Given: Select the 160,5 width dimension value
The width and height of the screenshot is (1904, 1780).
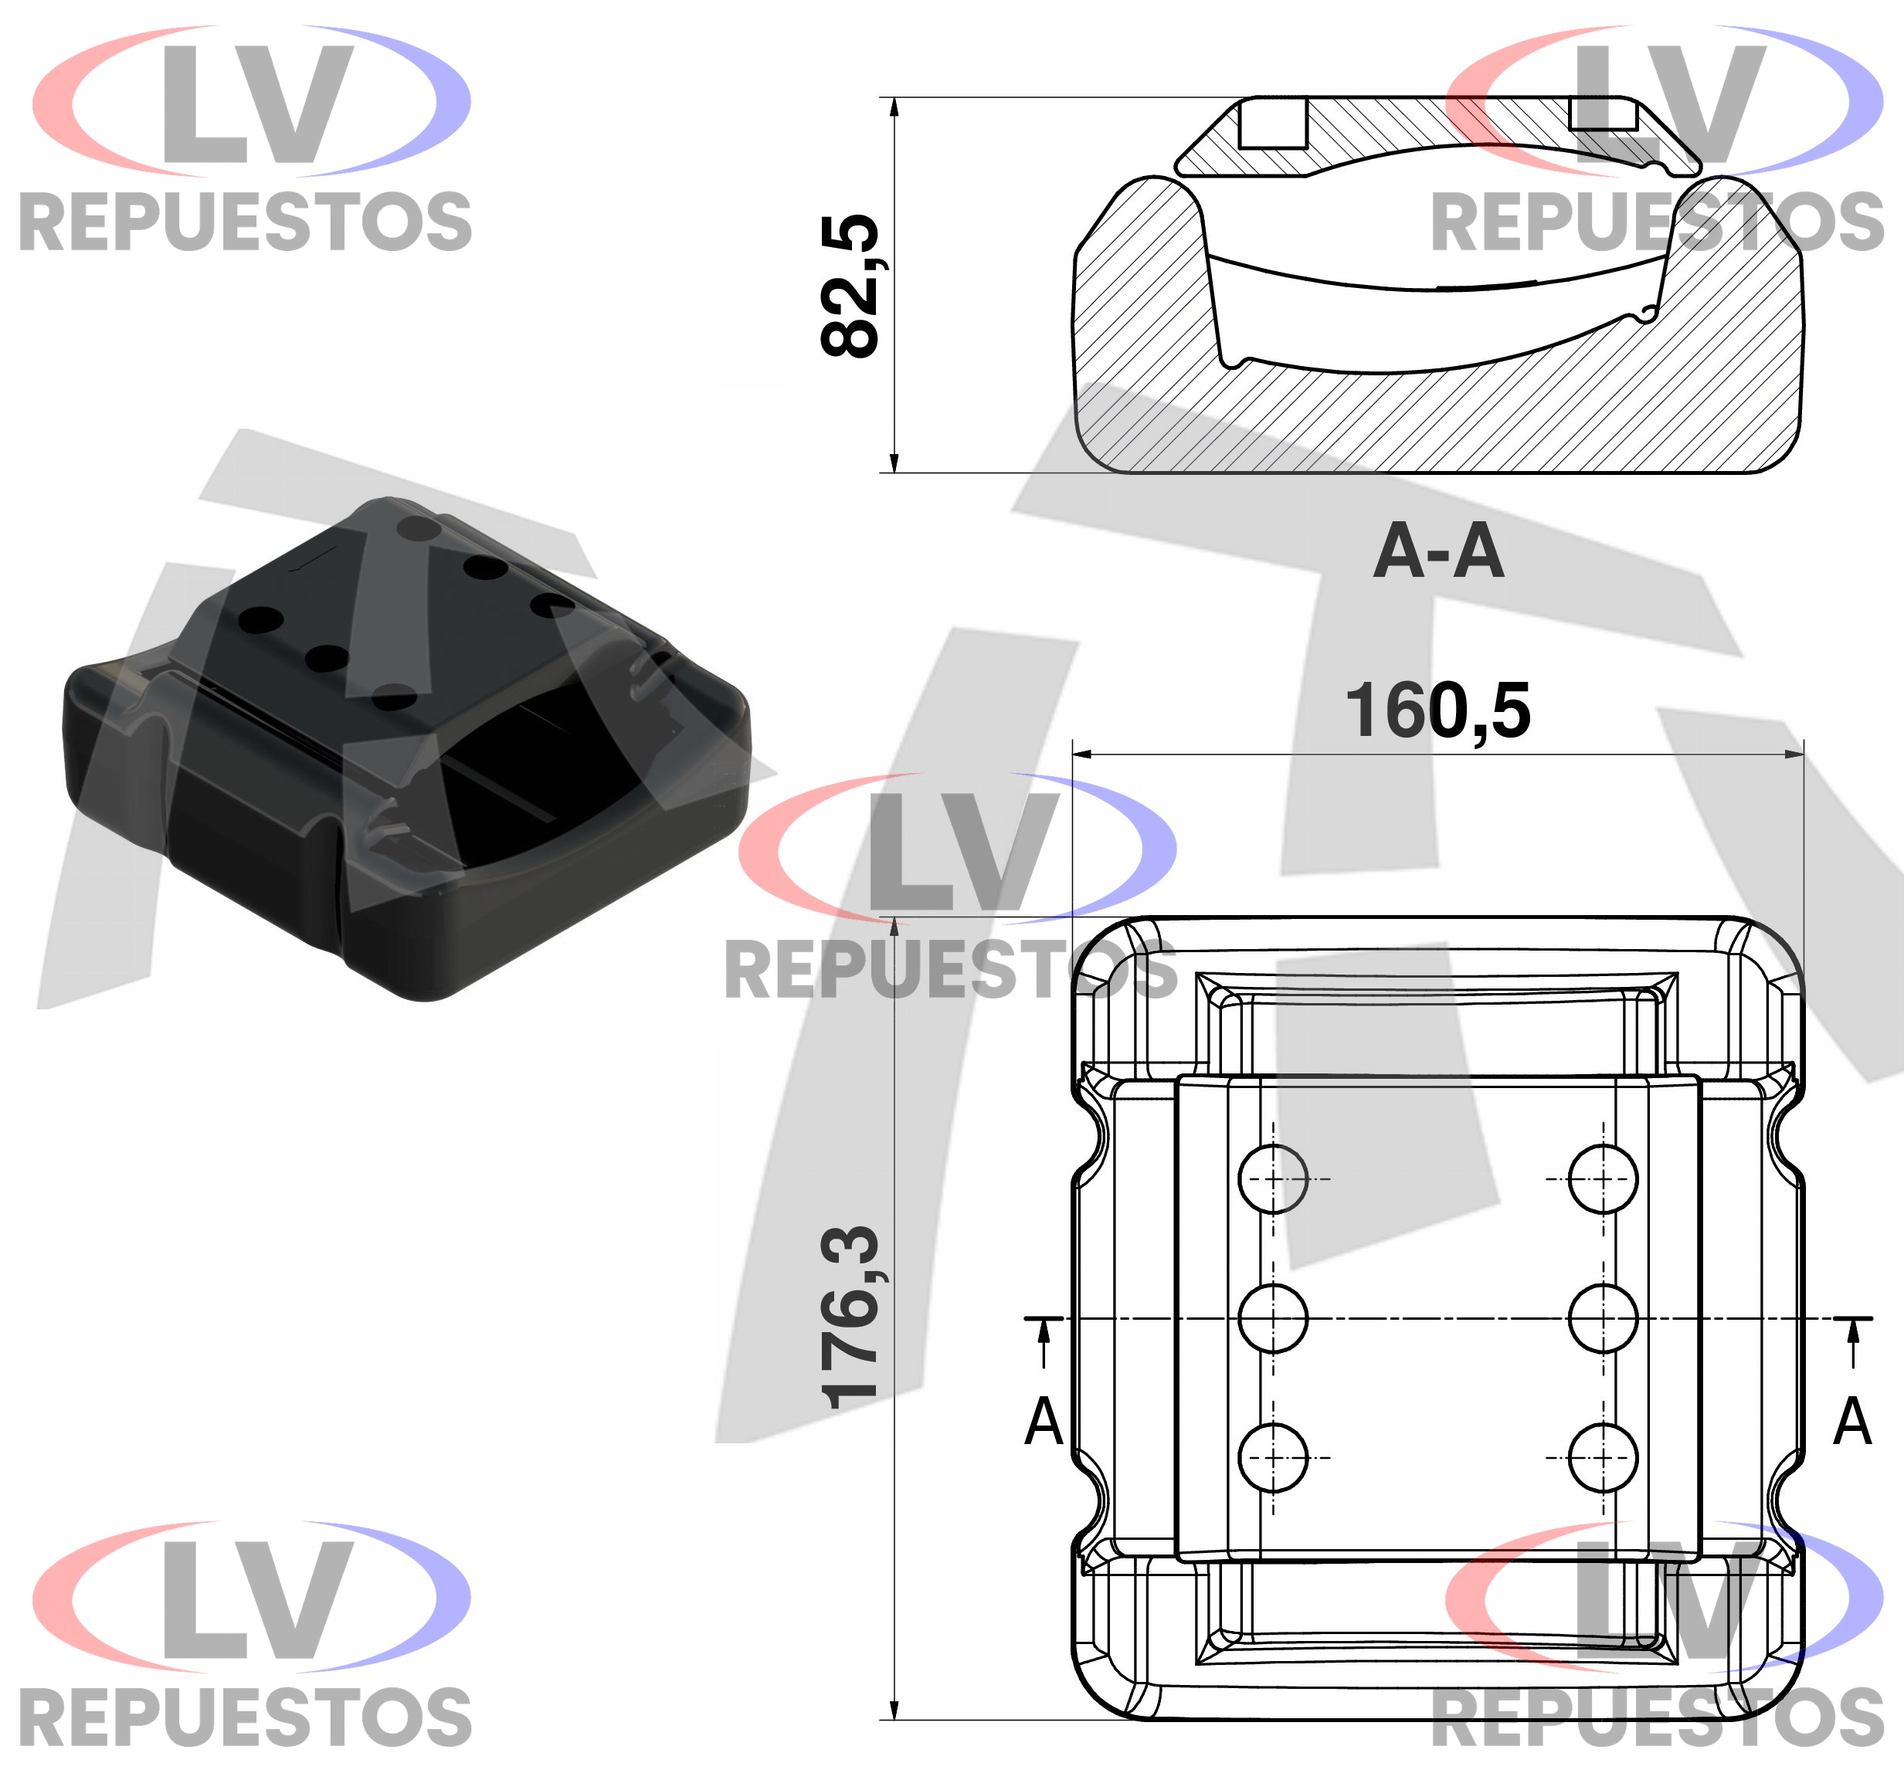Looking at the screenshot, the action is point(1438,710).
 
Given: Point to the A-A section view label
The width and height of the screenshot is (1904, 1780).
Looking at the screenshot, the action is point(1438,551).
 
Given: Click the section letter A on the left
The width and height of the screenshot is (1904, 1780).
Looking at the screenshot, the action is point(1044,1422).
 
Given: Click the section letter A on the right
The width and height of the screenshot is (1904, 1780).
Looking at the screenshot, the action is point(1852,1422).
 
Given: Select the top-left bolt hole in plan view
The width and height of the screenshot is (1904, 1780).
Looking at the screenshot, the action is point(1273,1178).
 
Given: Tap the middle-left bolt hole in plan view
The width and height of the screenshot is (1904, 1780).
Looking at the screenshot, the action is point(1273,1318).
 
